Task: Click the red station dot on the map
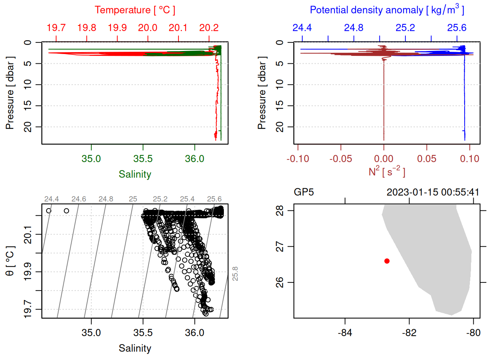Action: point(387,261)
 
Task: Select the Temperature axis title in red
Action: point(135,10)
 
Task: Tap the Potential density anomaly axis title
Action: point(387,10)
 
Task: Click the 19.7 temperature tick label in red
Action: point(56,28)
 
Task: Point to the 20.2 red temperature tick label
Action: point(208,28)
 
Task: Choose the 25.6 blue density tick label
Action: point(456,28)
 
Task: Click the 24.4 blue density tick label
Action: point(302,28)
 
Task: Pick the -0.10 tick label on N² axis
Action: point(298,159)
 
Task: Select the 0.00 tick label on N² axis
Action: point(384,159)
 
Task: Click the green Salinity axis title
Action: point(135,174)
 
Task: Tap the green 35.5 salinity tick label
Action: point(143,159)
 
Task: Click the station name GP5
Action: point(303,192)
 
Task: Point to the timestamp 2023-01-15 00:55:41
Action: point(433,192)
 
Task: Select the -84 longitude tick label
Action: point(345,333)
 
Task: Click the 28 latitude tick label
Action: point(280,211)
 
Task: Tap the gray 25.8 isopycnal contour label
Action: point(235,274)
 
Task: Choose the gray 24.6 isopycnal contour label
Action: point(79,199)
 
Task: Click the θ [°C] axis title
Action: point(10,261)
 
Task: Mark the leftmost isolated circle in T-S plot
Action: point(48,211)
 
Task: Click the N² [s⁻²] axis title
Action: point(387,171)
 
